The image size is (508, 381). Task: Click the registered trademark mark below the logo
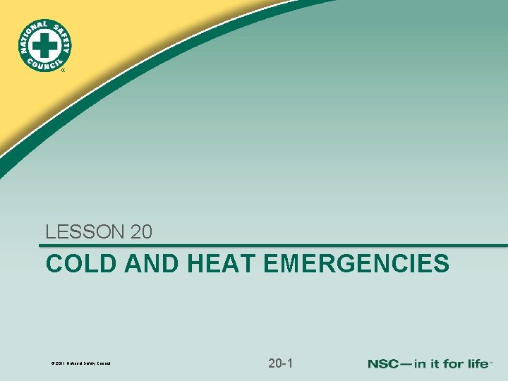[x=62, y=71]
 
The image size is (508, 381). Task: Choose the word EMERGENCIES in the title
[x=356, y=264]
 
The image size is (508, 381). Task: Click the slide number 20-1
[x=281, y=363]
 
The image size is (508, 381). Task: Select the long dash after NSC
[x=408, y=364]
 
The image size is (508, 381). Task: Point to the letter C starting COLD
[x=54, y=264]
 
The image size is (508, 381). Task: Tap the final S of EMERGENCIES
[x=442, y=264]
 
